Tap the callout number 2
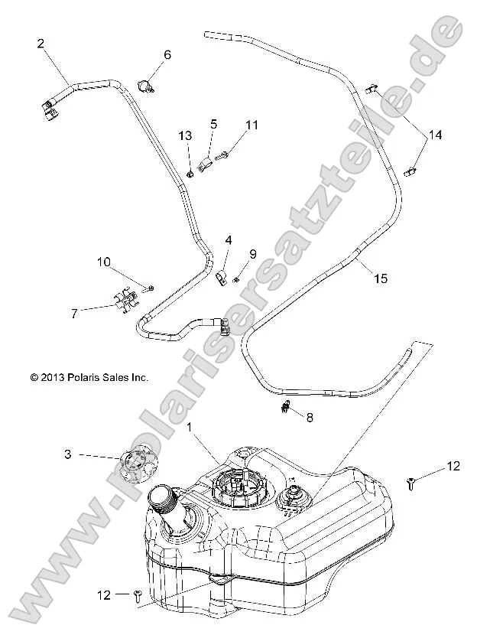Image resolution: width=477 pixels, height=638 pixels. pyautogui.click(x=41, y=44)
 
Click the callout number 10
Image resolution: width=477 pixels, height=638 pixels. pyautogui.click(x=103, y=262)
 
